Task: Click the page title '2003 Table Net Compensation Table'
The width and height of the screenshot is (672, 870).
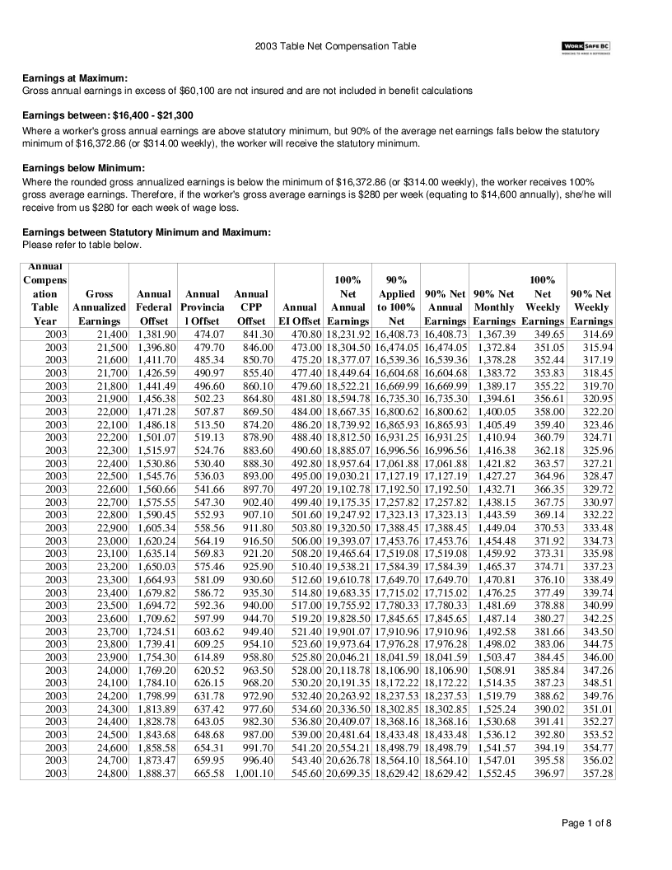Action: click(x=336, y=47)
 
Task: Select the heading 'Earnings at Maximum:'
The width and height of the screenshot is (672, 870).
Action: click(x=75, y=78)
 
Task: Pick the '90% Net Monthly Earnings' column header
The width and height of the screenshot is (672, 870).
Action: click(x=494, y=307)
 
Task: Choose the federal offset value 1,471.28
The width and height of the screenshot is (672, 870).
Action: click(x=156, y=411)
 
